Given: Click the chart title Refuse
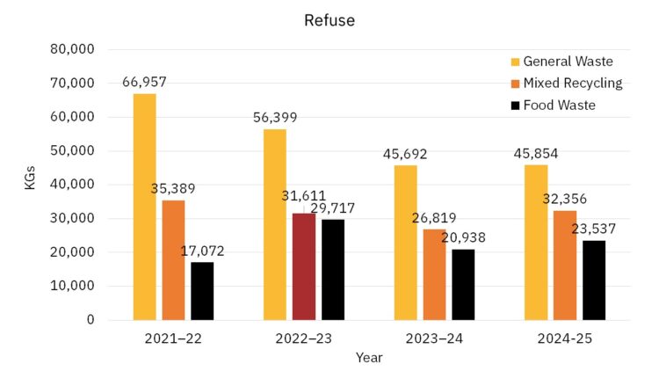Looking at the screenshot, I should (x=329, y=19).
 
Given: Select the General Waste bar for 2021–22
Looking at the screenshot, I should (x=145, y=207).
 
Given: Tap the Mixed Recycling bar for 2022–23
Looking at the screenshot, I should (x=303, y=266).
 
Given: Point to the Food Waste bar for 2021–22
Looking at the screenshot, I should (x=201, y=291).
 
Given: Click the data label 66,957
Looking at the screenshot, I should (x=144, y=83).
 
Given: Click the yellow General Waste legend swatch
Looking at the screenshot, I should (x=515, y=62).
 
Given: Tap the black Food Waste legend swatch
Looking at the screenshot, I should (x=515, y=105).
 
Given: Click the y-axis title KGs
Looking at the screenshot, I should (x=30, y=185).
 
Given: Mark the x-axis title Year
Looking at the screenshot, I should (x=369, y=358).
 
